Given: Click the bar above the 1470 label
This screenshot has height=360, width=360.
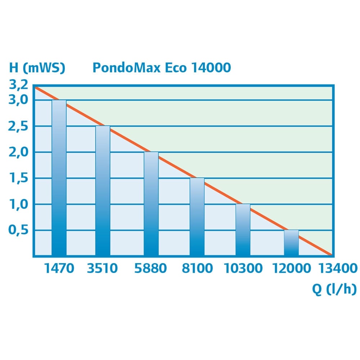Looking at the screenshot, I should (59, 178).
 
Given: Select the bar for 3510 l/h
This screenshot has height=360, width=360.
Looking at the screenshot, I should (103, 191).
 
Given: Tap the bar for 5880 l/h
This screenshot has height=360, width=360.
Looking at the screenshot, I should (151, 204).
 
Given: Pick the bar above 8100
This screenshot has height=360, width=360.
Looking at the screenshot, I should (197, 217).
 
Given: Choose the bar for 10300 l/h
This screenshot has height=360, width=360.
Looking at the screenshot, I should (243, 230).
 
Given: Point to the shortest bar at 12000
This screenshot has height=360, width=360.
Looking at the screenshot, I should (291, 243).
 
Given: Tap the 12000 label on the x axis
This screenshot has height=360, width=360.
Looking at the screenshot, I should (291, 269).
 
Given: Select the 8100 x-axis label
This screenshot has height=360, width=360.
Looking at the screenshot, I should (197, 269).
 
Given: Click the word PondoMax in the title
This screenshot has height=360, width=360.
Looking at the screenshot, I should (126, 68).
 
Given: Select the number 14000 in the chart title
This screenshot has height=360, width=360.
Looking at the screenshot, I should (210, 68).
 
